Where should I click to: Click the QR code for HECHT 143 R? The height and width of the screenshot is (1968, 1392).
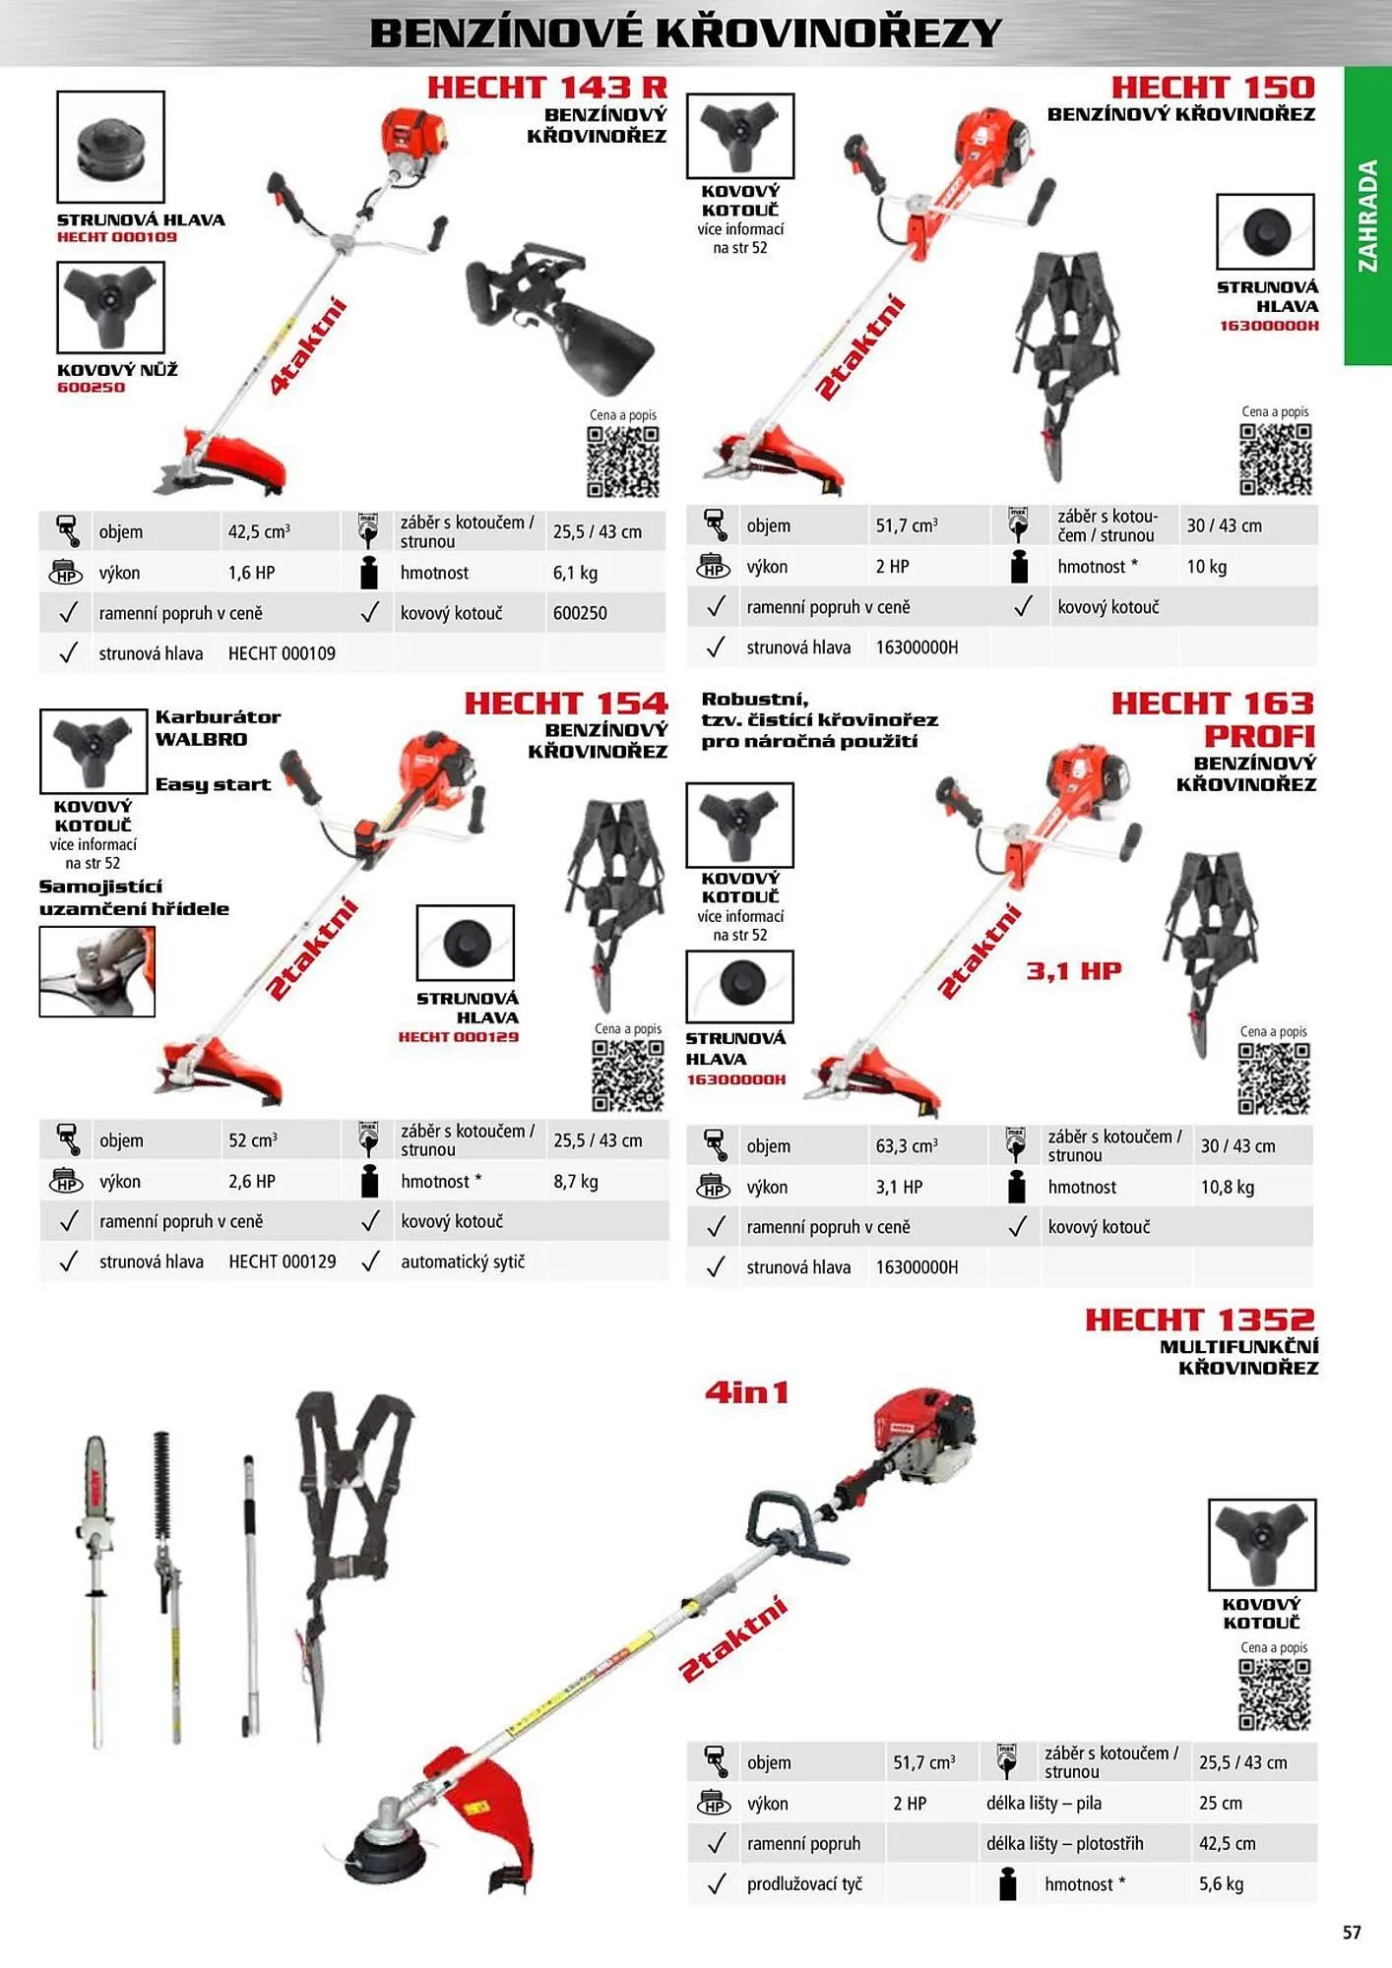(622, 461)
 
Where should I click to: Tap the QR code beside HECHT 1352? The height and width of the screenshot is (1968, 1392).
(1274, 1694)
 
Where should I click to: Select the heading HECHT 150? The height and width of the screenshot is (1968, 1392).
(1213, 88)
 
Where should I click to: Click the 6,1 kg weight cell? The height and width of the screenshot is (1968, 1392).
(575, 573)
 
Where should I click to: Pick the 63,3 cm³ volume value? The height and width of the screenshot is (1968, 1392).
(906, 1146)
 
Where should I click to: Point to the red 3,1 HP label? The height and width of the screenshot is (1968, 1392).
(1074, 971)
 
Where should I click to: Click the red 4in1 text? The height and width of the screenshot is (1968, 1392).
(747, 1392)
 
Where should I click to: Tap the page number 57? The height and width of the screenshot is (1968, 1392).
(1352, 1933)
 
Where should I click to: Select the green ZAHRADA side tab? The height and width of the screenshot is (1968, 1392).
(1367, 215)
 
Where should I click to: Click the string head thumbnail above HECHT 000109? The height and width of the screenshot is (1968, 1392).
(110, 147)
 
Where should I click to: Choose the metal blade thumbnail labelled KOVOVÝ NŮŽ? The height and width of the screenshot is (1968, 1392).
(110, 307)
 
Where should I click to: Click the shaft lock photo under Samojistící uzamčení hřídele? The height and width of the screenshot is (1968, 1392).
(96, 971)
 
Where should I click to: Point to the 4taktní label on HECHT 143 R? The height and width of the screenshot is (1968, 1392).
(309, 345)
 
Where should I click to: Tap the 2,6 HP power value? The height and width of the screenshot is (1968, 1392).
(252, 1182)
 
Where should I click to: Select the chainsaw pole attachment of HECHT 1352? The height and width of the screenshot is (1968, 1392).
(95, 1584)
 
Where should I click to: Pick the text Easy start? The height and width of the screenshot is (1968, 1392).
(213, 784)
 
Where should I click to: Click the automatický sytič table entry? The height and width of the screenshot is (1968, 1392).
(463, 1261)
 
